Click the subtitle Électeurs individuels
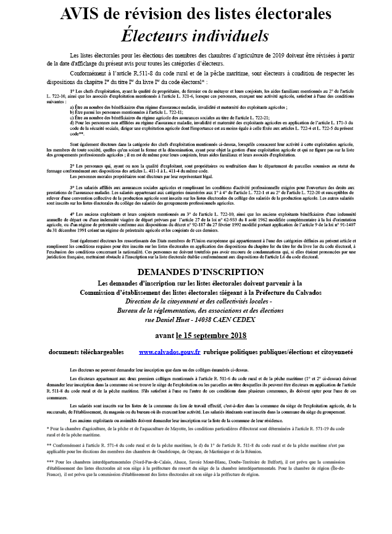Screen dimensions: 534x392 pos(195,35)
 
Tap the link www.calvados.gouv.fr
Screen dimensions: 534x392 pos(169,351)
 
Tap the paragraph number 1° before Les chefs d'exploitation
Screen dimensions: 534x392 pos(72,90)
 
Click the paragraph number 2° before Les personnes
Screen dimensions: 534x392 pos(72,167)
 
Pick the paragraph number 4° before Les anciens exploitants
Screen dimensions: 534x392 pos(72,213)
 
